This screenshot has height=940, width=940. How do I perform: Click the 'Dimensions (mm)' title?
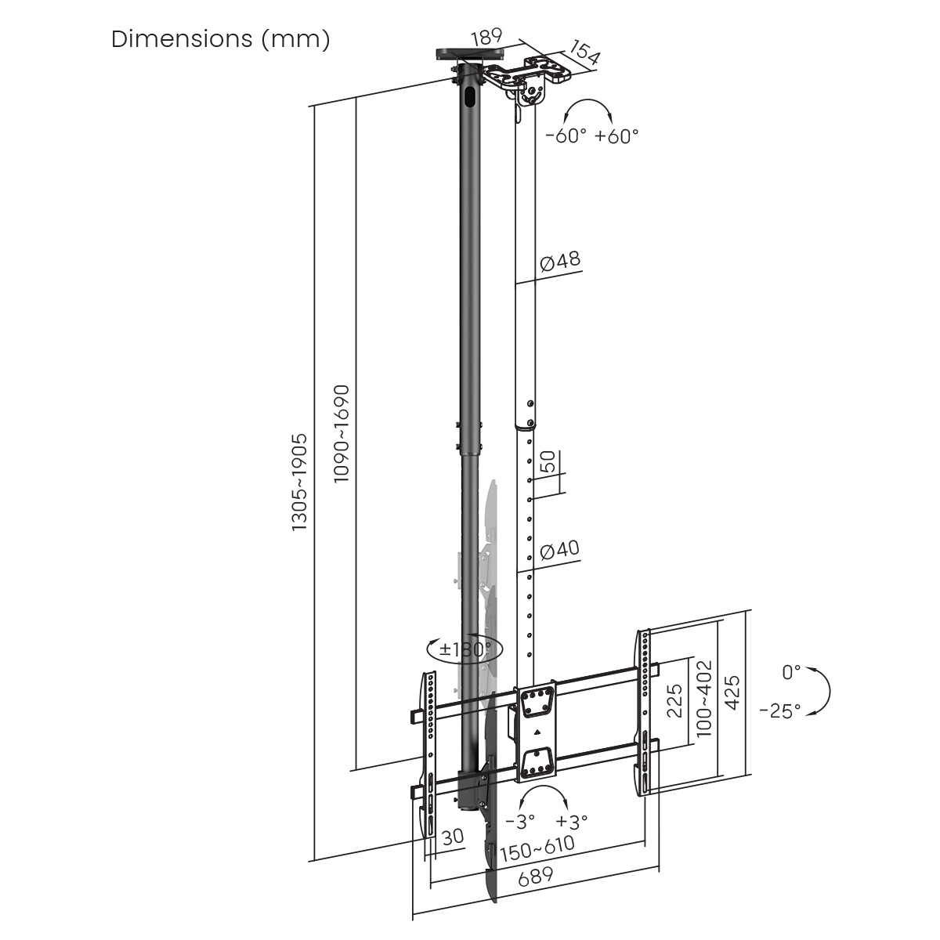(220, 39)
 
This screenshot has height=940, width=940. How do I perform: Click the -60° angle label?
(566, 136)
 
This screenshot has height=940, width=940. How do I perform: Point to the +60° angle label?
(616, 136)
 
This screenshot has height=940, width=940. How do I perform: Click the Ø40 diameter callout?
(560, 550)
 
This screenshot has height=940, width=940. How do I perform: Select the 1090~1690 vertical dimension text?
(342, 433)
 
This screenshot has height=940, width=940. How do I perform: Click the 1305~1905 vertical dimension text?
(300, 483)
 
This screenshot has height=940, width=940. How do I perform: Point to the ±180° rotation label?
(465, 649)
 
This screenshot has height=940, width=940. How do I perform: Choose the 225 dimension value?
(676, 700)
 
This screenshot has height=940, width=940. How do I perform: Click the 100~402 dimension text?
(704, 697)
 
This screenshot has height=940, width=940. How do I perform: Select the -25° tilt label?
(779, 710)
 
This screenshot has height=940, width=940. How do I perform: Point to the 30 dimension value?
(453, 837)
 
